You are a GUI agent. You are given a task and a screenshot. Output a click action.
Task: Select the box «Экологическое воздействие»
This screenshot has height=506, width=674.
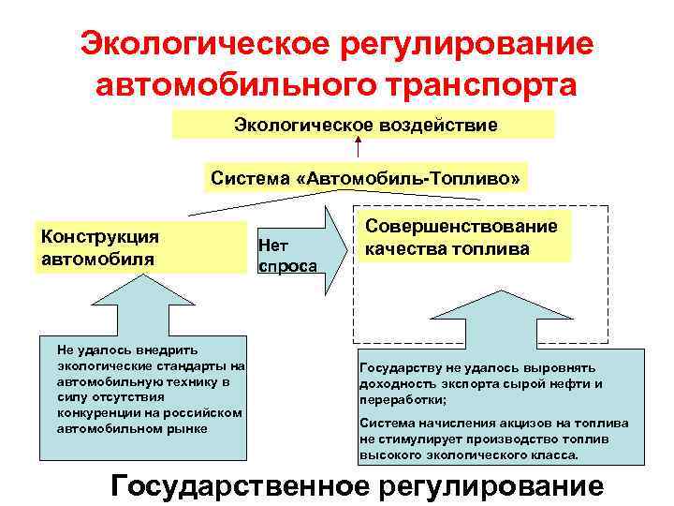[x=364, y=125]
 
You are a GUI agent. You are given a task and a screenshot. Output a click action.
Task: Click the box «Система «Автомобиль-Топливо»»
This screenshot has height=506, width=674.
[x=364, y=177]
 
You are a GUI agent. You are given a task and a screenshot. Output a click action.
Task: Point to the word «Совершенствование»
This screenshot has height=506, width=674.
[x=462, y=226]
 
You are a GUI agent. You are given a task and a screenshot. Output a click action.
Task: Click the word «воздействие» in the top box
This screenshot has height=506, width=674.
[x=435, y=125]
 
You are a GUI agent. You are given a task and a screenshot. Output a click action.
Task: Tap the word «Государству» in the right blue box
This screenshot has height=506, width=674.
[x=400, y=367]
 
